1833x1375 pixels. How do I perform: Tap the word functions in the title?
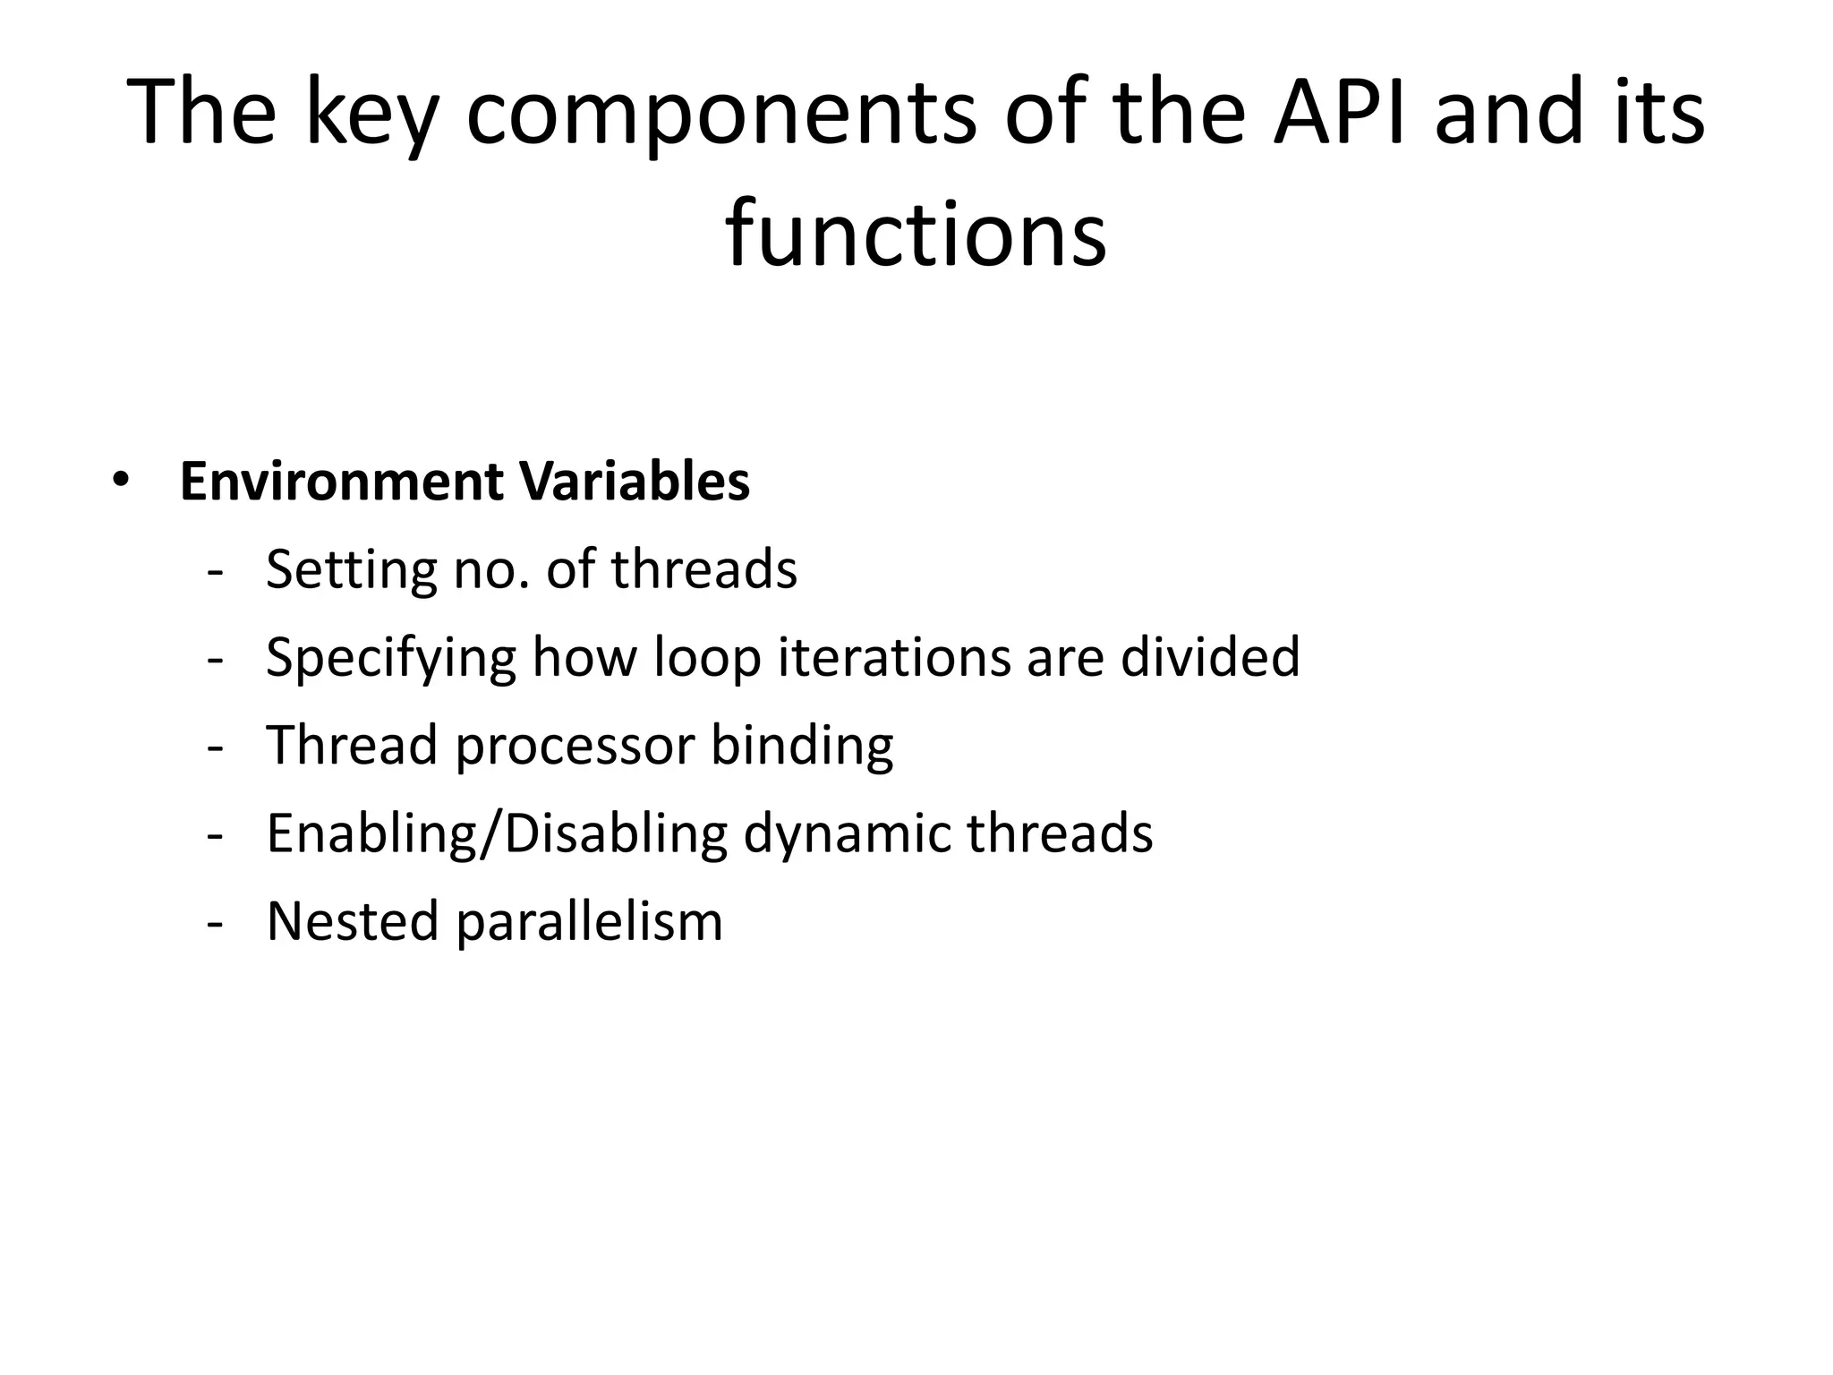[x=916, y=234]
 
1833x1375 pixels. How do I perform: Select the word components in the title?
[x=720, y=115]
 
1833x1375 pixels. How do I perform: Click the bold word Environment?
[x=341, y=481]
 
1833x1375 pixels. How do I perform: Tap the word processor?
[x=575, y=746]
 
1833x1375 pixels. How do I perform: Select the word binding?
[x=802, y=746]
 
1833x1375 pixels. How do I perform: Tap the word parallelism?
[x=589, y=921]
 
